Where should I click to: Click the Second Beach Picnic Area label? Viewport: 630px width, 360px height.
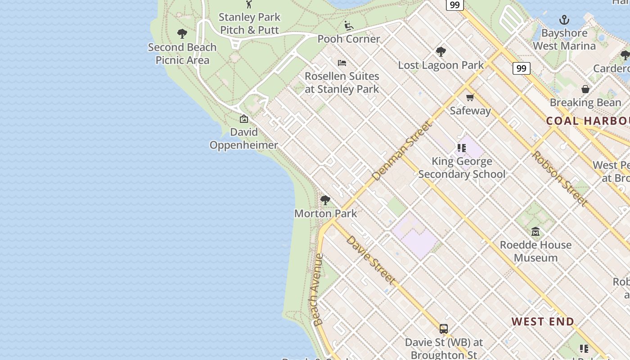[x=182, y=54]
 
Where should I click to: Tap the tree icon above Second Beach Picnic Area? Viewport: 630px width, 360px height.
[x=182, y=34]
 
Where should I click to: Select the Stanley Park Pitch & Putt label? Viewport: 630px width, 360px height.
[x=249, y=23]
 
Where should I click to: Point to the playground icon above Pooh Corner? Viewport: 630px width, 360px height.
[x=349, y=26]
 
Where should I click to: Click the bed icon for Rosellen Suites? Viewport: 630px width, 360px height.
[x=342, y=63]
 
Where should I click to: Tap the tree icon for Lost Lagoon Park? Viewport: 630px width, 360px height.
[x=441, y=52]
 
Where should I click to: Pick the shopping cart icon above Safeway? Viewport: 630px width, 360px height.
[x=470, y=97]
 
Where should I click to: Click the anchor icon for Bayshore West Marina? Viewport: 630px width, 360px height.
[x=564, y=20]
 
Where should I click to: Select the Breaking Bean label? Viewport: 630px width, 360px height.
[x=585, y=103]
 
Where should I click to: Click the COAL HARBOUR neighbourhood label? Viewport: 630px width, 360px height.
[x=587, y=121]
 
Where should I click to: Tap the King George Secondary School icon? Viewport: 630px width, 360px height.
[x=462, y=148]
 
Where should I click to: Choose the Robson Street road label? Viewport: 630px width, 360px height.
[x=559, y=178]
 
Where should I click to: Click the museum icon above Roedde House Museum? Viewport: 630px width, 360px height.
[x=535, y=232]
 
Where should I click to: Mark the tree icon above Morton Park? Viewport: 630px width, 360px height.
[x=325, y=200]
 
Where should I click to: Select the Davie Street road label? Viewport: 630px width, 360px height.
[x=371, y=260]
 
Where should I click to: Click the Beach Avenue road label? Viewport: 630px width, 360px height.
[x=318, y=289]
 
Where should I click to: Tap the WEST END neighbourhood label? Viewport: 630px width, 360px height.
[x=543, y=321]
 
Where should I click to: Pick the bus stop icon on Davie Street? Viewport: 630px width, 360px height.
[x=444, y=329]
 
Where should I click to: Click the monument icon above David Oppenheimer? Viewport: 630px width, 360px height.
[x=244, y=119]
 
